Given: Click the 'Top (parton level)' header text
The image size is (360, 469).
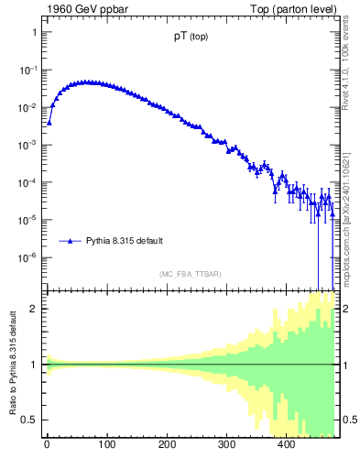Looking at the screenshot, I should pos(296,9).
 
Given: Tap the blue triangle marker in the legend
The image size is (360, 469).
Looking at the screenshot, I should pos(70,241).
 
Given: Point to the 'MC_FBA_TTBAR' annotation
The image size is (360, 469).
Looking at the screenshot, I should pos(190,274).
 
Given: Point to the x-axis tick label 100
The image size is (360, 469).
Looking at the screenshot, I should pos(106,445).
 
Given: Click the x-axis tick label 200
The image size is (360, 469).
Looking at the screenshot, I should pos(167,445).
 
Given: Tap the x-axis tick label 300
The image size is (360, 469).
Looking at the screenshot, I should pos(226,445).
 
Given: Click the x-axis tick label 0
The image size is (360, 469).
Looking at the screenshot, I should pos(47,445).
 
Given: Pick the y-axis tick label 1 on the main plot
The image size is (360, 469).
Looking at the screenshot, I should pos(34,32).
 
